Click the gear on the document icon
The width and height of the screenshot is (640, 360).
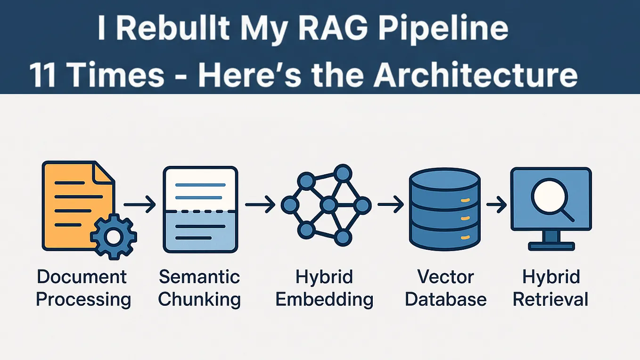tap(113, 237)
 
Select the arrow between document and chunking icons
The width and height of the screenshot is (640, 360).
tap(139, 205)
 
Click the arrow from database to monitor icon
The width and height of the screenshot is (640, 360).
tap(496, 205)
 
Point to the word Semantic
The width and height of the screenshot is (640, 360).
tap(199, 277)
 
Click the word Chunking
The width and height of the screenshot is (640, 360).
tap(199, 299)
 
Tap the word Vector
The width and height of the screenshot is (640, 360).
tap(446, 277)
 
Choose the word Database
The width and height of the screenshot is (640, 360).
tap(446, 299)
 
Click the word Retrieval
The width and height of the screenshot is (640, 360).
tap(550, 299)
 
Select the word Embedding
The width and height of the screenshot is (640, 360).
tap(324, 299)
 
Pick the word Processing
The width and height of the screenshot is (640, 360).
tap(83, 299)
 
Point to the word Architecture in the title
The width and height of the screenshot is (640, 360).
tap(476, 75)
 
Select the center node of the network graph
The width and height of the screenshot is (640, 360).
tap(328, 205)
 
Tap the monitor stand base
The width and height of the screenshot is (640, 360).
tap(551, 246)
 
